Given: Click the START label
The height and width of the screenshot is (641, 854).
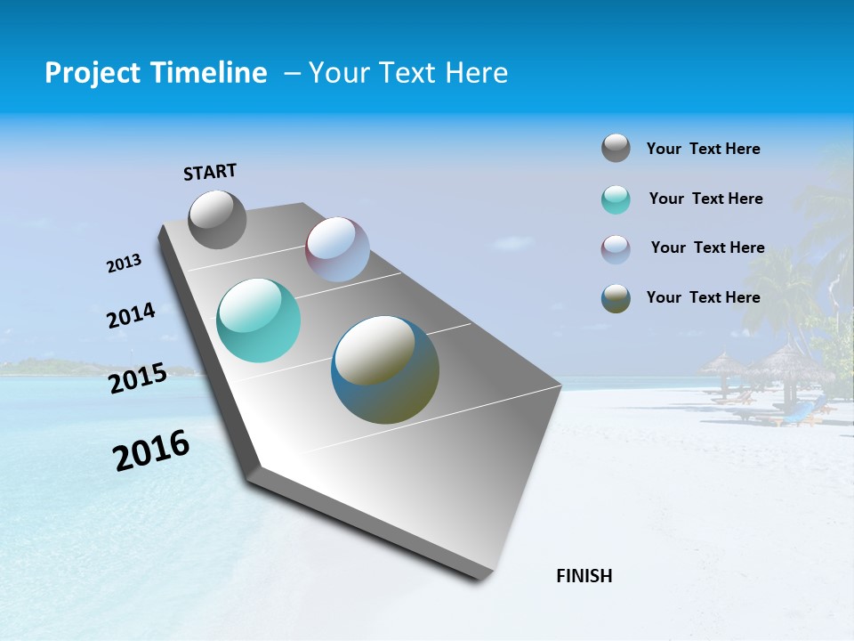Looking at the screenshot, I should [210, 172].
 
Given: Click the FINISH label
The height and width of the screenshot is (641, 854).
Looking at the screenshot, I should [584, 576].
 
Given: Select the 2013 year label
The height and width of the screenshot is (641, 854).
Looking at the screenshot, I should [124, 264].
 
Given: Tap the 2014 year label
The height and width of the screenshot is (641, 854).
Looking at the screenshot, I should [131, 316].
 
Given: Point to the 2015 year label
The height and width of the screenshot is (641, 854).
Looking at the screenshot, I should [137, 378].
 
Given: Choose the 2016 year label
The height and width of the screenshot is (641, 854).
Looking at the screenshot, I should [151, 450].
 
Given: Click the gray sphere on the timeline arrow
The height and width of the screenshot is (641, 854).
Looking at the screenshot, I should [217, 219].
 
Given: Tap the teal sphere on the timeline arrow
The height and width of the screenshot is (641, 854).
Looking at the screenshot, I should [258, 320].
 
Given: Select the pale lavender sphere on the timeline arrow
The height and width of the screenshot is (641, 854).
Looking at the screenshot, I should [337, 249].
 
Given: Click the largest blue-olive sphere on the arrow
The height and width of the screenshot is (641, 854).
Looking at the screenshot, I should [385, 369].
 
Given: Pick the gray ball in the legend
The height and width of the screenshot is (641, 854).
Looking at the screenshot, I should [616, 148].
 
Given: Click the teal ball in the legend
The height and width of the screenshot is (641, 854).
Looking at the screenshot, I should [616, 199].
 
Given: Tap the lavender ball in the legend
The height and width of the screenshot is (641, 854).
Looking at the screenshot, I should [616, 249].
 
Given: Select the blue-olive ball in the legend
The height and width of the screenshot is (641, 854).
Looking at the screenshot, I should [616, 298].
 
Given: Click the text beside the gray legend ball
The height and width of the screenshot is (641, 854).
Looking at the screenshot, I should [703, 149].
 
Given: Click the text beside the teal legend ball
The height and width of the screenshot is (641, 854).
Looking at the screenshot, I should [705, 199].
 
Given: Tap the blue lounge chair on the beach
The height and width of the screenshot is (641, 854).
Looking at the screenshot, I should [798, 412].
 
